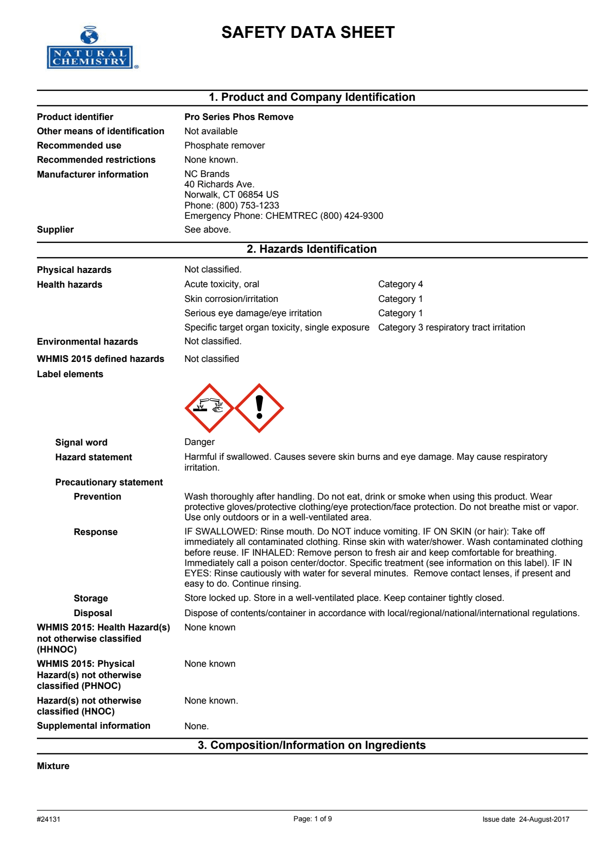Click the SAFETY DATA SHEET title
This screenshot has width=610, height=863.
click(308, 32)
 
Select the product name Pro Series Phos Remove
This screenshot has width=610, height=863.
click(239, 117)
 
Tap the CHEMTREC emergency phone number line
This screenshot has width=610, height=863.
click(283, 216)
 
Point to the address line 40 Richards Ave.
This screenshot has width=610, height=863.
click(219, 184)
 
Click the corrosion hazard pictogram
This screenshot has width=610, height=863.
click(209, 408)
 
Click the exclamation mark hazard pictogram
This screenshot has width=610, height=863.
click(259, 408)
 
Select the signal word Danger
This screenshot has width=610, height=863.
click(199, 442)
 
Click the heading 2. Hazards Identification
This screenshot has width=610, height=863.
click(311, 249)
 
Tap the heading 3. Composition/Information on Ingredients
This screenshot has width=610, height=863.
click(311, 745)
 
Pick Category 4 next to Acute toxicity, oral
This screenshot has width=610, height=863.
click(400, 284)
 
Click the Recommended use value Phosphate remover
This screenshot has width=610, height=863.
click(224, 146)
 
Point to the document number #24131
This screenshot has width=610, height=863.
click(49, 819)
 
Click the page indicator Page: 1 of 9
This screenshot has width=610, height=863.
click(312, 819)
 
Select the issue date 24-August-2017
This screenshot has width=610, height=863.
click(544, 819)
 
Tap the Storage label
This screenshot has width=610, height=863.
click(91, 598)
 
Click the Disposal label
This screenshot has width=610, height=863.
click(93, 613)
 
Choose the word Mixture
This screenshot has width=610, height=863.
click(53, 766)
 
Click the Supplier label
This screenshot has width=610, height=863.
click(55, 230)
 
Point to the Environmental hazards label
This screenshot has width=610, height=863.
click(87, 342)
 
